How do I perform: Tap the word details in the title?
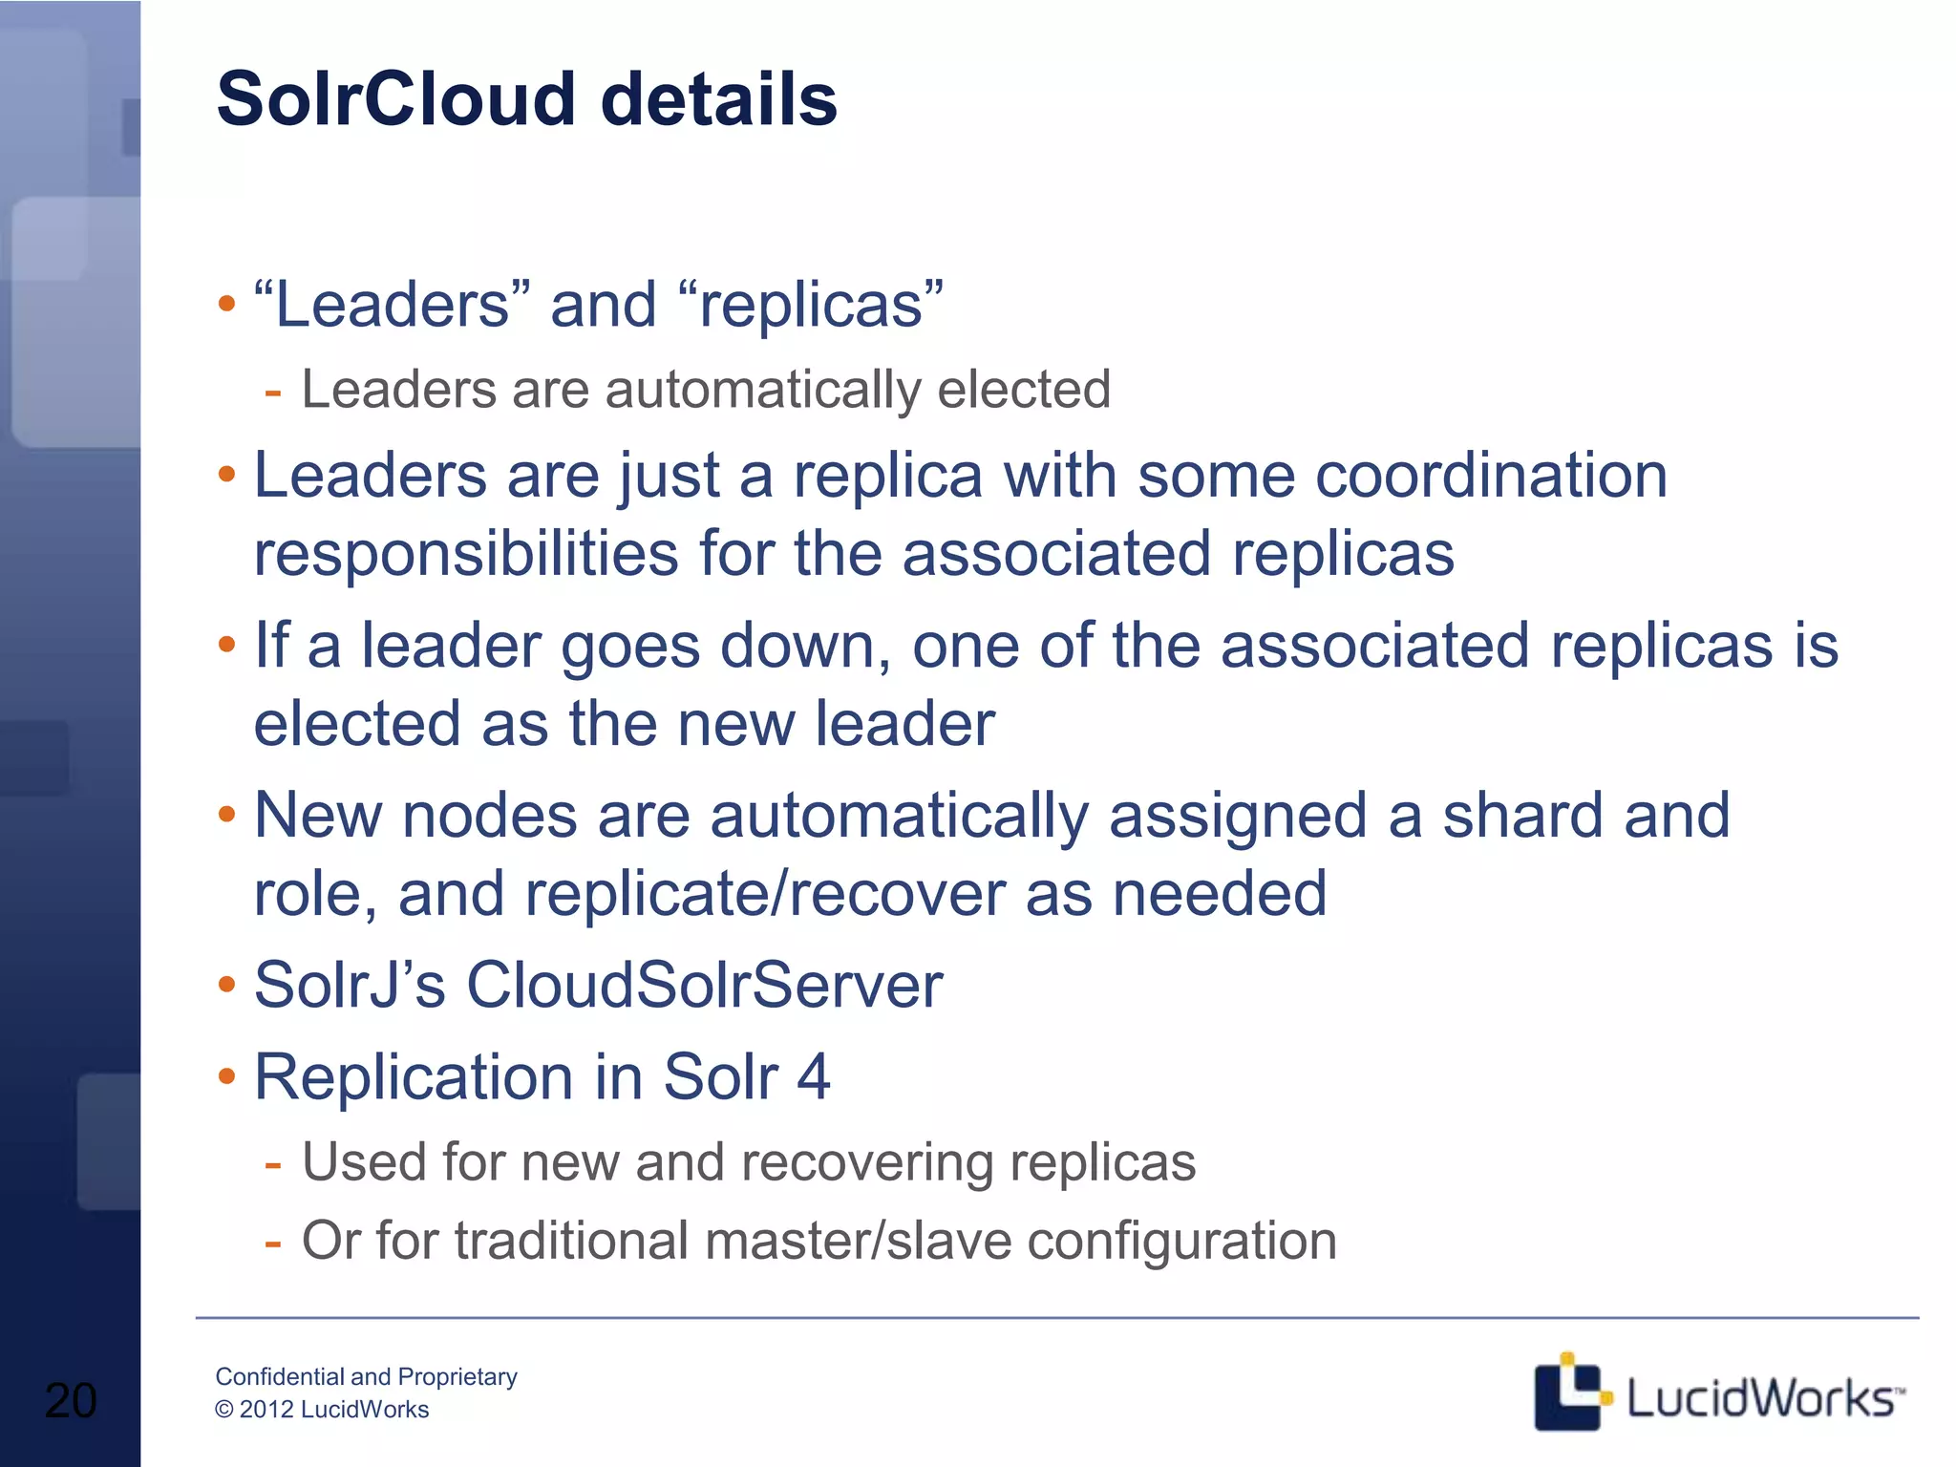click(x=719, y=99)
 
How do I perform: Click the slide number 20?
click(x=71, y=1400)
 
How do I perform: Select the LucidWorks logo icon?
click(x=1567, y=1392)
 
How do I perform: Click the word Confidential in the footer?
click(x=279, y=1376)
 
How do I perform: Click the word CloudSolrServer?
click(x=704, y=985)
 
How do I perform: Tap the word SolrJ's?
click(x=350, y=985)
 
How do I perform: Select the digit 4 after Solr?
click(x=813, y=1077)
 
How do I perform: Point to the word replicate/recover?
click(x=764, y=894)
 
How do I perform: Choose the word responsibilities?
click(x=466, y=553)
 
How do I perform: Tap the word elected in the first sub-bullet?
click(x=1024, y=390)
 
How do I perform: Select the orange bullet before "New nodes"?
click(x=226, y=815)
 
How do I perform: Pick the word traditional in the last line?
click(x=571, y=1241)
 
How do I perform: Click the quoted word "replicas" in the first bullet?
click(x=811, y=305)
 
